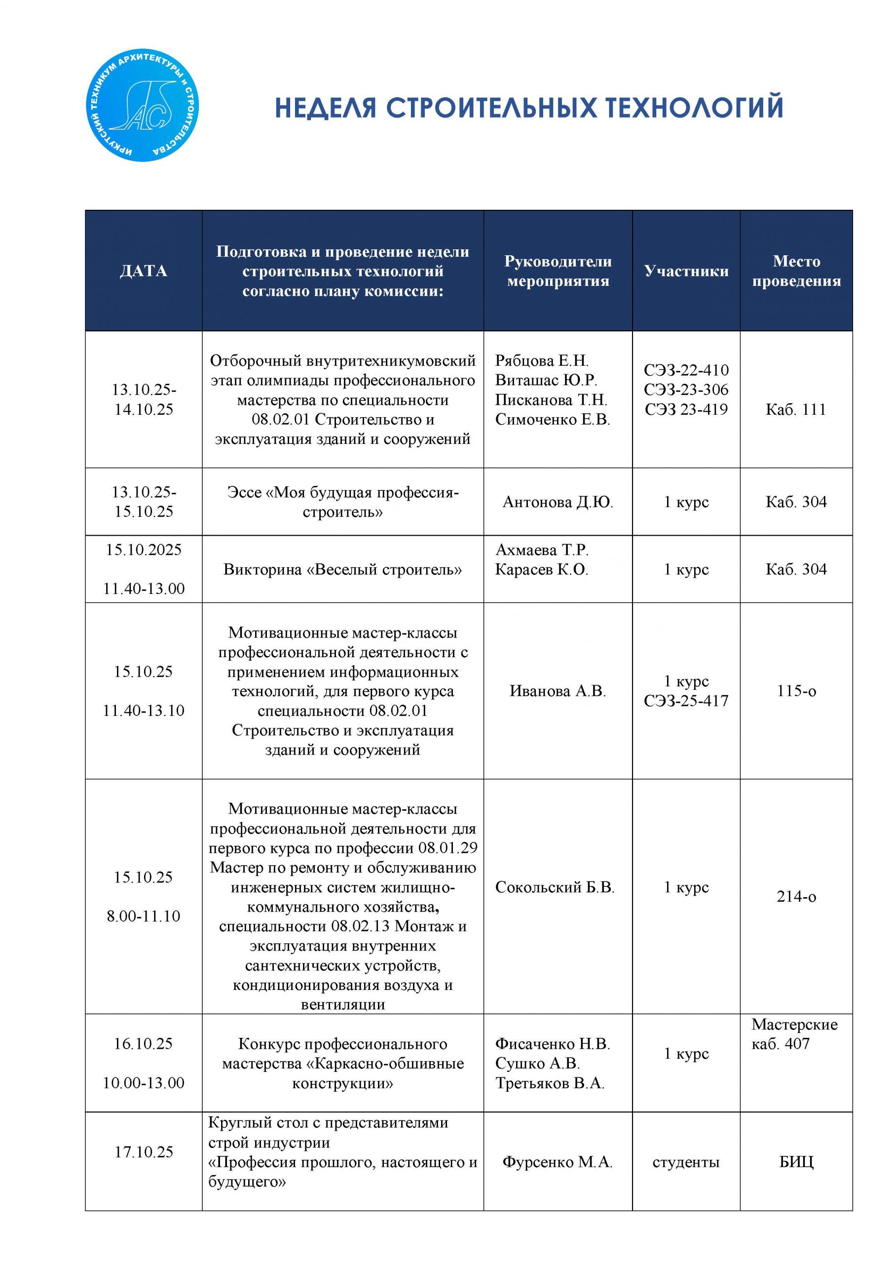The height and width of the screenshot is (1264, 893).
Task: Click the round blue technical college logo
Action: [143, 106]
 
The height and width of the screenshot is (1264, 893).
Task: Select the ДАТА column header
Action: [144, 271]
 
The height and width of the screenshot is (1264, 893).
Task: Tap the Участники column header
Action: [686, 271]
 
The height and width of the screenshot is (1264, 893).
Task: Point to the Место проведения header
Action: [796, 271]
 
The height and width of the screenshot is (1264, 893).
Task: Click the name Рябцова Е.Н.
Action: [541, 360]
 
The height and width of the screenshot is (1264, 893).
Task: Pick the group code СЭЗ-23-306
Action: [686, 390]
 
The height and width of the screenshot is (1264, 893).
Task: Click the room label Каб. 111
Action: [796, 410]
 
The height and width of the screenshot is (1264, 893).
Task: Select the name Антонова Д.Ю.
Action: [558, 502]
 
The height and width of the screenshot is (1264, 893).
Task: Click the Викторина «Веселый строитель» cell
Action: [342, 569]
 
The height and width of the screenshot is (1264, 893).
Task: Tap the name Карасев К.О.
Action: [541, 570]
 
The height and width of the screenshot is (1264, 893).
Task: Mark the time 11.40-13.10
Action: [144, 711]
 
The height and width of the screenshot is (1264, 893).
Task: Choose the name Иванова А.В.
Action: [558, 691]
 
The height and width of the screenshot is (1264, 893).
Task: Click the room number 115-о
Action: [796, 691]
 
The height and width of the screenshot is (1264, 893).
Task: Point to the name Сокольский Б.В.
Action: [555, 887]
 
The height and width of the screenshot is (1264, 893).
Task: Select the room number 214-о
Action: [796, 897]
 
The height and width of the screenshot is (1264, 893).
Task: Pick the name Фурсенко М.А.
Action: [558, 1162]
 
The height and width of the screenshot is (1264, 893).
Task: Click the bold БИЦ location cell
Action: [796, 1162]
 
